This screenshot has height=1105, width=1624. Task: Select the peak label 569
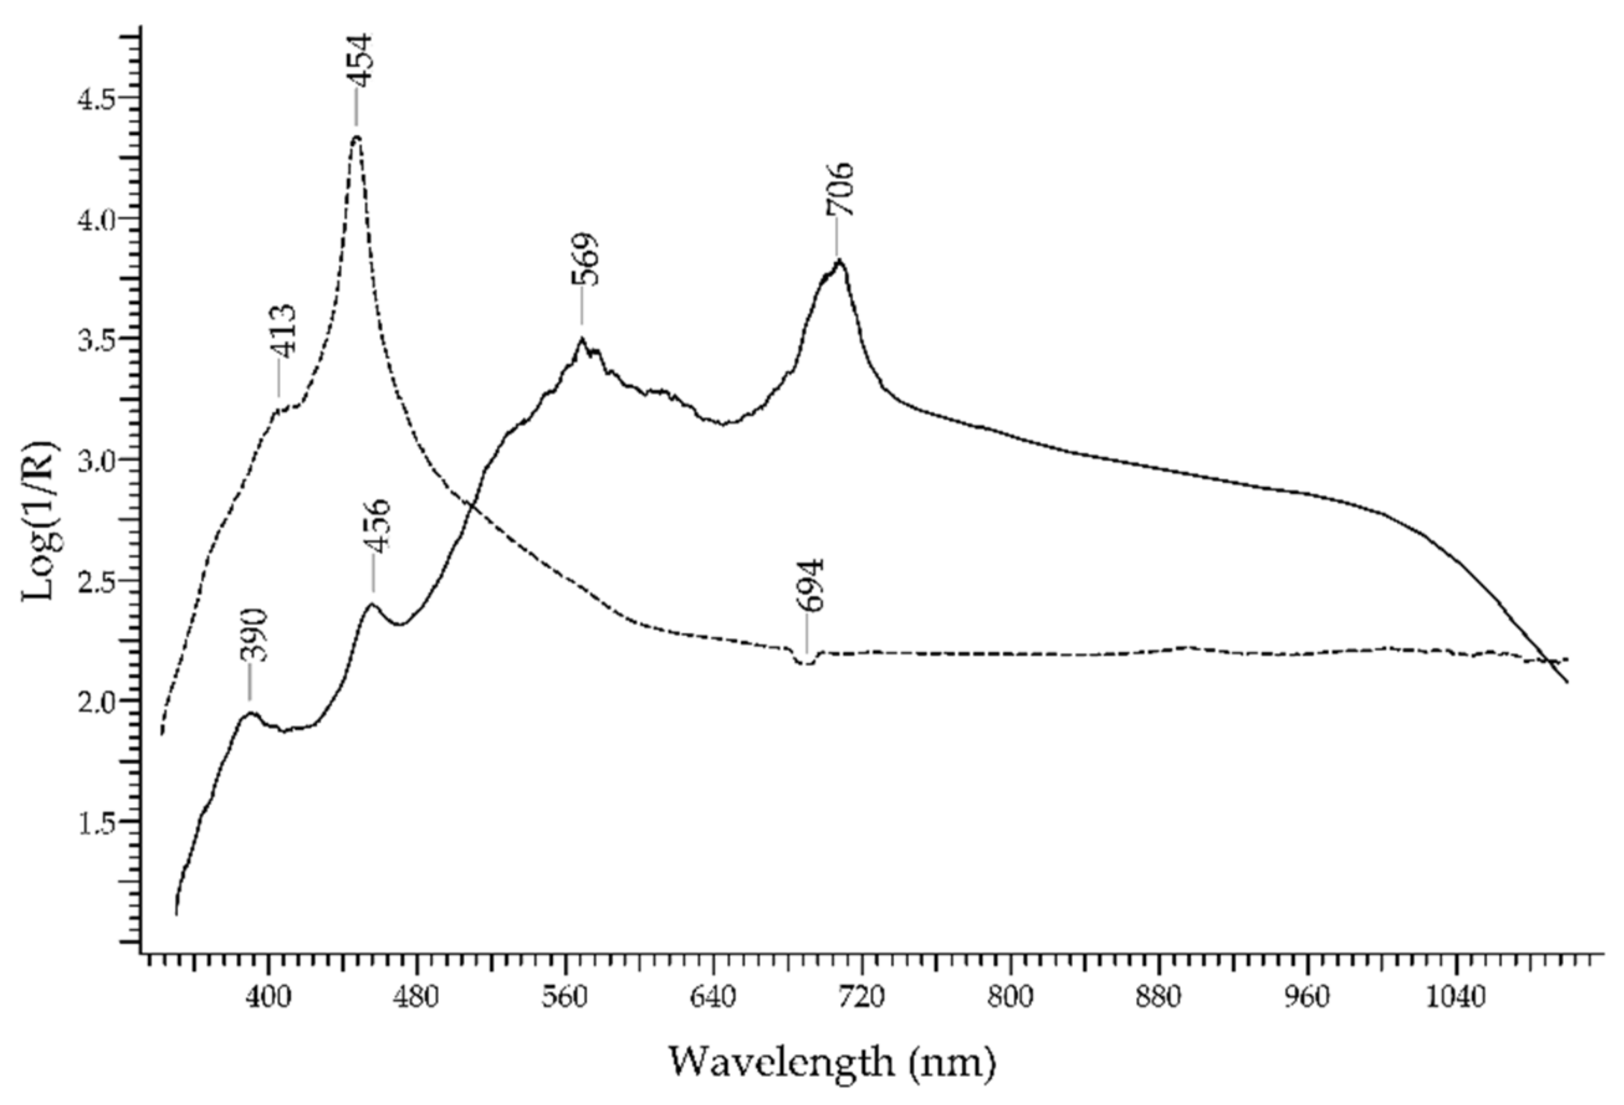(585, 259)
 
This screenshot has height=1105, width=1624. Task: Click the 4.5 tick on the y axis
(97, 98)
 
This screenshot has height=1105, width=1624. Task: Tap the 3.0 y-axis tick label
(97, 460)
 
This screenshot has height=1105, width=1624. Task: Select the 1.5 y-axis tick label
(97, 823)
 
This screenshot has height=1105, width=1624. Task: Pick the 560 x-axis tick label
(565, 997)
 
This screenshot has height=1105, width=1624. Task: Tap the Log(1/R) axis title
(40, 520)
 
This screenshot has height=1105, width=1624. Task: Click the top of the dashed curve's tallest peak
(357, 137)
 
